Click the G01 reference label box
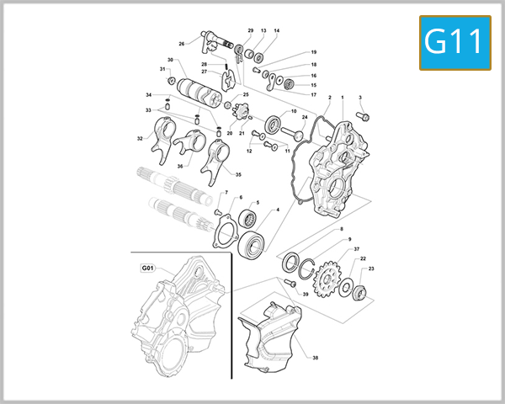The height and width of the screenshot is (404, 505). [148, 268]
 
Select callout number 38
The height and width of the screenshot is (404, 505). [316, 357]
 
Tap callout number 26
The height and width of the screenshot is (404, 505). [181, 44]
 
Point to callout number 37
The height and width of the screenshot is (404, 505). [356, 249]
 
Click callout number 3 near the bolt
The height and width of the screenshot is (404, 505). [360, 98]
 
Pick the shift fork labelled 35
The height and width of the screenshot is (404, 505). [216, 159]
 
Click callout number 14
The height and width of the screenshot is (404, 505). [276, 31]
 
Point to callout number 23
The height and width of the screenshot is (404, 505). [372, 268]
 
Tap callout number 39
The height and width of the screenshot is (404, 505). [306, 294]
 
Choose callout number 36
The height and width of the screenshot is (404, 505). [179, 166]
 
